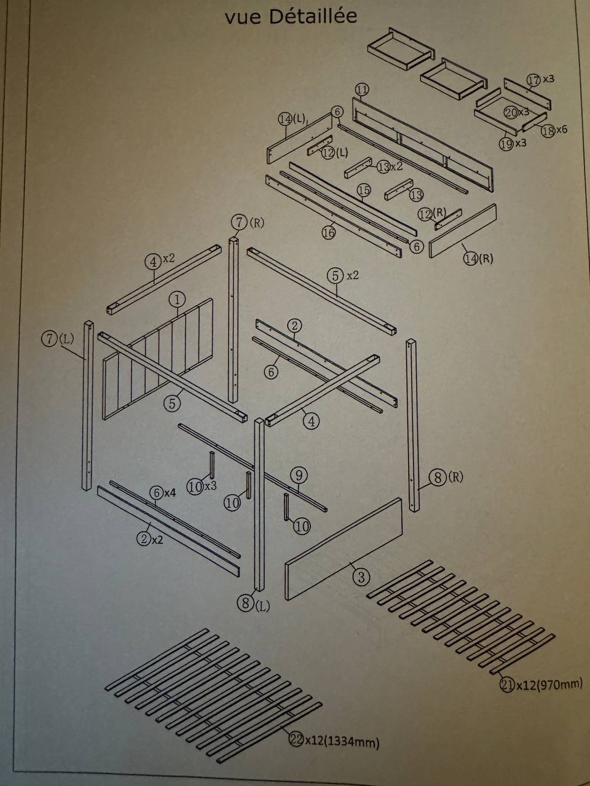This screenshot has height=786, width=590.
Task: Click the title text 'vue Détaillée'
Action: [x=291, y=17]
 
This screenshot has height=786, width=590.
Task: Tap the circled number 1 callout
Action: [x=176, y=300]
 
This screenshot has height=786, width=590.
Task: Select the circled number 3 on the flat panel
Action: [x=361, y=577]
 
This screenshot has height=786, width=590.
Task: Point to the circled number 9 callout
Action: [x=298, y=475]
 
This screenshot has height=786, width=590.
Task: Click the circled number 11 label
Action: [x=362, y=90]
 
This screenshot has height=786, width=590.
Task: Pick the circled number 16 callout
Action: [x=329, y=232]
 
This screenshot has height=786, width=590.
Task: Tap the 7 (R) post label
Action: [x=247, y=222]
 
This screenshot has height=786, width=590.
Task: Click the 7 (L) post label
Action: [x=57, y=338]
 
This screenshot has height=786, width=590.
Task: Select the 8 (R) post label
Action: [x=446, y=477]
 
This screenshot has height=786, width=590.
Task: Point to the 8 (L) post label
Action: [x=254, y=604]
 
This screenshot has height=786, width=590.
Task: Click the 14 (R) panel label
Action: [x=478, y=259]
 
